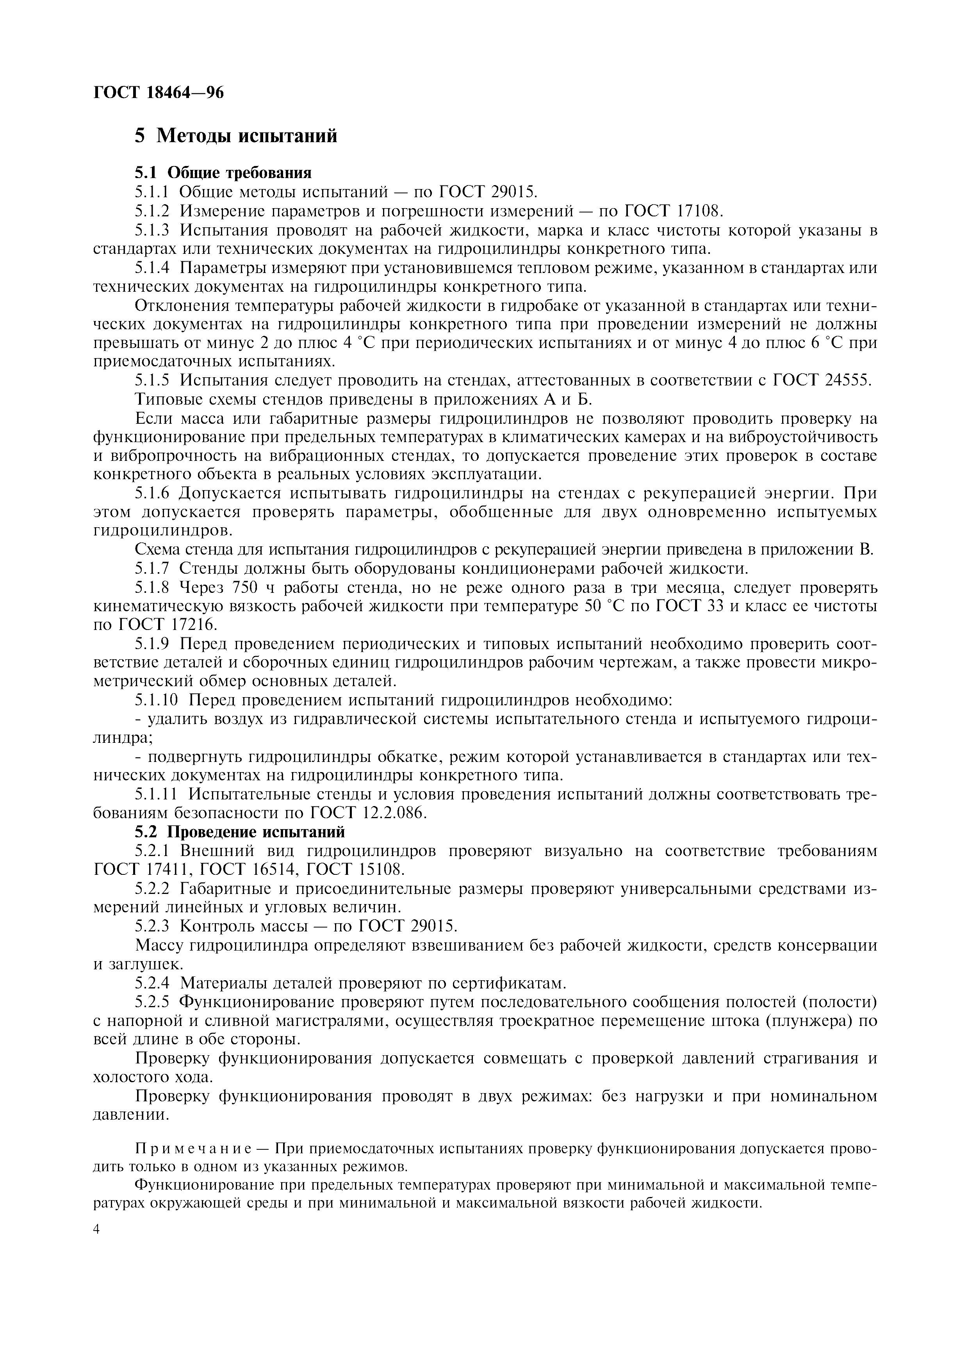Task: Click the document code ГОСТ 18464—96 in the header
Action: [159, 93]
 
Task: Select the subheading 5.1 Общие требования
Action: [223, 173]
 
